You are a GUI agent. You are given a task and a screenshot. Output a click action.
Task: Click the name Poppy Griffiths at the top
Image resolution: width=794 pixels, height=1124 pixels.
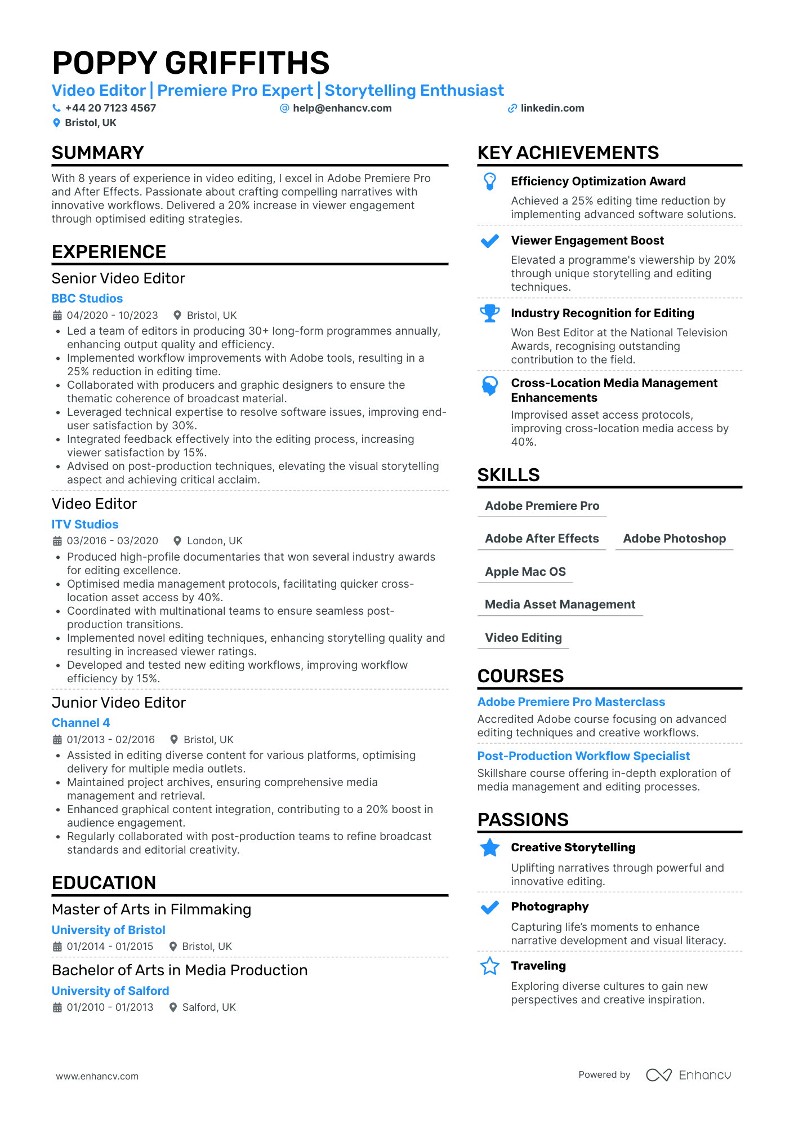click(x=190, y=63)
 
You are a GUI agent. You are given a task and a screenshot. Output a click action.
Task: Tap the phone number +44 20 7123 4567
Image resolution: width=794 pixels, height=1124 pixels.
click(x=110, y=108)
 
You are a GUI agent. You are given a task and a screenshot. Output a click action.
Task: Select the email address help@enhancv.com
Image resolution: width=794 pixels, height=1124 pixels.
click(x=342, y=108)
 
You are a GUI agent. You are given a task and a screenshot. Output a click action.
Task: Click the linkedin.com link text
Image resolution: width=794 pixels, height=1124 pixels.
click(x=552, y=108)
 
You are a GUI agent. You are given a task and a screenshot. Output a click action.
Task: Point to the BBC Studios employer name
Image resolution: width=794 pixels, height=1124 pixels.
click(x=87, y=299)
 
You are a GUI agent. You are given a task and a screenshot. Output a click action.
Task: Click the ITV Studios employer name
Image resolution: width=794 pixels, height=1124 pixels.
click(x=85, y=525)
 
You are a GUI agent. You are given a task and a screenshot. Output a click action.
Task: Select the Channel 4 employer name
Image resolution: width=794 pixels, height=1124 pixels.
click(x=81, y=723)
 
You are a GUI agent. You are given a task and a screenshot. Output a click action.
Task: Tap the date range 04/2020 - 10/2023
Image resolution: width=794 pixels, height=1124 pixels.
click(x=112, y=316)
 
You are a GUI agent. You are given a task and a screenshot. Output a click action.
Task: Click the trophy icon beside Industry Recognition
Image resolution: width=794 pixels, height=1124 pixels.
click(x=490, y=313)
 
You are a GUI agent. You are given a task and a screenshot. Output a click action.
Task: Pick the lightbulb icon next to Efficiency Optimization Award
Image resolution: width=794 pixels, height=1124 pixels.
click(x=490, y=181)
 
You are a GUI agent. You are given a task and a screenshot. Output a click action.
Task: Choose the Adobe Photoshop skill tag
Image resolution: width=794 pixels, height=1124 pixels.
click(x=674, y=539)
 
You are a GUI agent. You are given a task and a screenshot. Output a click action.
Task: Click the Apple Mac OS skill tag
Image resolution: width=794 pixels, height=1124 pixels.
click(x=525, y=572)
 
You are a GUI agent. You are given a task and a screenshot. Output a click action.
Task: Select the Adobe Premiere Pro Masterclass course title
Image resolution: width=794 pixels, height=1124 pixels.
click(x=571, y=702)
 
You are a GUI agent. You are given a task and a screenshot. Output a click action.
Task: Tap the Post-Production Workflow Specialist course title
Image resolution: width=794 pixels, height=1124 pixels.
click(x=583, y=756)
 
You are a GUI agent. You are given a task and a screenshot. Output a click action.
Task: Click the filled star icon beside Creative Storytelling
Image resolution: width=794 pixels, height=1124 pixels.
click(x=490, y=848)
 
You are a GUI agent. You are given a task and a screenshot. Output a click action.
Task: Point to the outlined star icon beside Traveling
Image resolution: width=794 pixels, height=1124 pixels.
click(x=490, y=966)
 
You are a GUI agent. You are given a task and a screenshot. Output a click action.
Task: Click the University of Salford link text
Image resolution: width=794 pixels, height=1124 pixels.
click(x=110, y=991)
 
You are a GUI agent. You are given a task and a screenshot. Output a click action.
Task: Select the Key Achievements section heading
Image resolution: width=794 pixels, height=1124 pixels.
click(x=568, y=153)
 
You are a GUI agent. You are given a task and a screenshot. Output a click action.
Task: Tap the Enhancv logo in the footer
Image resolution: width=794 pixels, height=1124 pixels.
click(x=688, y=1075)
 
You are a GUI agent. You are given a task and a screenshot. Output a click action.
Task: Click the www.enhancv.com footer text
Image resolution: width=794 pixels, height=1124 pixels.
click(x=97, y=1076)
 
